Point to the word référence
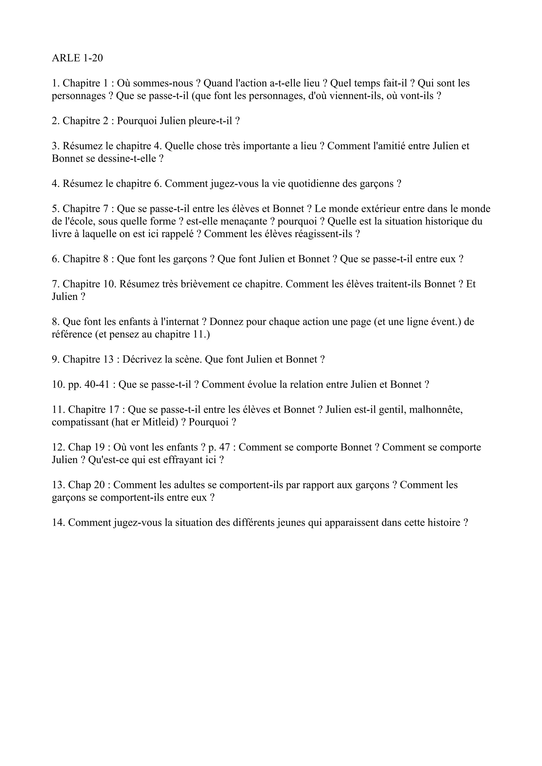71,334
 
